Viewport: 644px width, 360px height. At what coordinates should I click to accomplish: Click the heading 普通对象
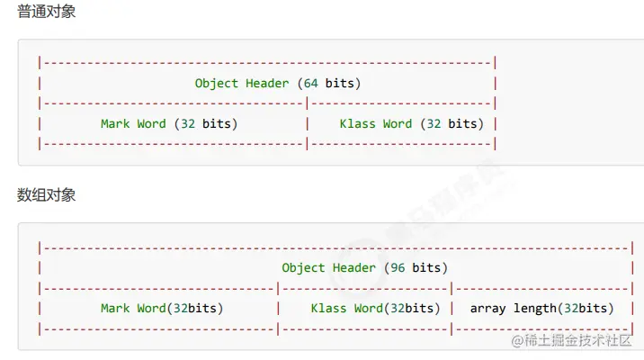(46, 13)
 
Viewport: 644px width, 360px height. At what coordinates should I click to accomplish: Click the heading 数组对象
(46, 195)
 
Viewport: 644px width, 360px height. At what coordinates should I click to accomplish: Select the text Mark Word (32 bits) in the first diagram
(169, 123)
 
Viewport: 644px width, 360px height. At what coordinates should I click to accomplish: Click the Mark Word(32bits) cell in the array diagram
(162, 308)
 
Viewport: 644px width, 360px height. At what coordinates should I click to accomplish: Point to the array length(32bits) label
(541, 308)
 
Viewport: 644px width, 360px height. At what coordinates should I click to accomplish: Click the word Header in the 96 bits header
(354, 267)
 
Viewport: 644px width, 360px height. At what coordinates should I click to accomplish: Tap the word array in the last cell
(487, 308)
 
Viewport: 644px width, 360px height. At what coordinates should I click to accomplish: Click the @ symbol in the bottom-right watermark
(516, 340)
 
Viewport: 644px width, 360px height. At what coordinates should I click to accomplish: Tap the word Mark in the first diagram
(115, 123)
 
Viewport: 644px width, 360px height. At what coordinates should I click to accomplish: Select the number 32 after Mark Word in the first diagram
(187, 123)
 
